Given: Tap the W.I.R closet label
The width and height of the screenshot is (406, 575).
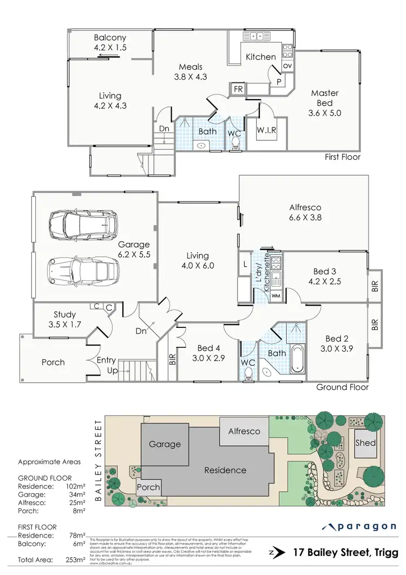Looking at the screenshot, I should tap(267, 130).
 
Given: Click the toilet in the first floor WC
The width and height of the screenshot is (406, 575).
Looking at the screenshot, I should tap(235, 143).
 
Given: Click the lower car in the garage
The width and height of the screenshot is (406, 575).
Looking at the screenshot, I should tap(82, 269).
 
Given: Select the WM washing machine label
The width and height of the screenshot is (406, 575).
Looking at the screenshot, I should tap(276, 295).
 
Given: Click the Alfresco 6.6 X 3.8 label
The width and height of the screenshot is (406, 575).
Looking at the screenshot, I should tap(305, 212).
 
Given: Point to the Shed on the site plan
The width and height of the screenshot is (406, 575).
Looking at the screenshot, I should tap(365, 443).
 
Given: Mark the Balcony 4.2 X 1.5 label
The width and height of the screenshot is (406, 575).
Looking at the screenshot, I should tap(110, 43).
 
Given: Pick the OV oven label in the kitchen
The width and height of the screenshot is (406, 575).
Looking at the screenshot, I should tap(287, 66).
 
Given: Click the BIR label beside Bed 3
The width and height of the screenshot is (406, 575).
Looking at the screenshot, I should tap(375, 286).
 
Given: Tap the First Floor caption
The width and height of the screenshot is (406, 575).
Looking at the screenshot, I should tap(343, 157).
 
